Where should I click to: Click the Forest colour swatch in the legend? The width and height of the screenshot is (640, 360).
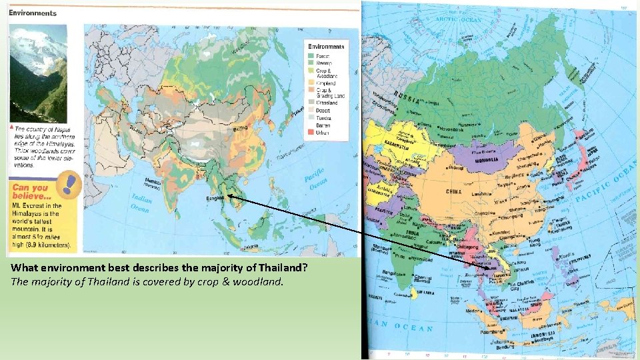[x=311, y=55]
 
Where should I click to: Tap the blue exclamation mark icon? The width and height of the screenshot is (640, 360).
[x=67, y=185]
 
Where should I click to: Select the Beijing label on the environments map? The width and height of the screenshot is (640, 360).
[x=241, y=126]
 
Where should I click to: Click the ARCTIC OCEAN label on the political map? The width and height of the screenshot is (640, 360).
[x=458, y=19]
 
